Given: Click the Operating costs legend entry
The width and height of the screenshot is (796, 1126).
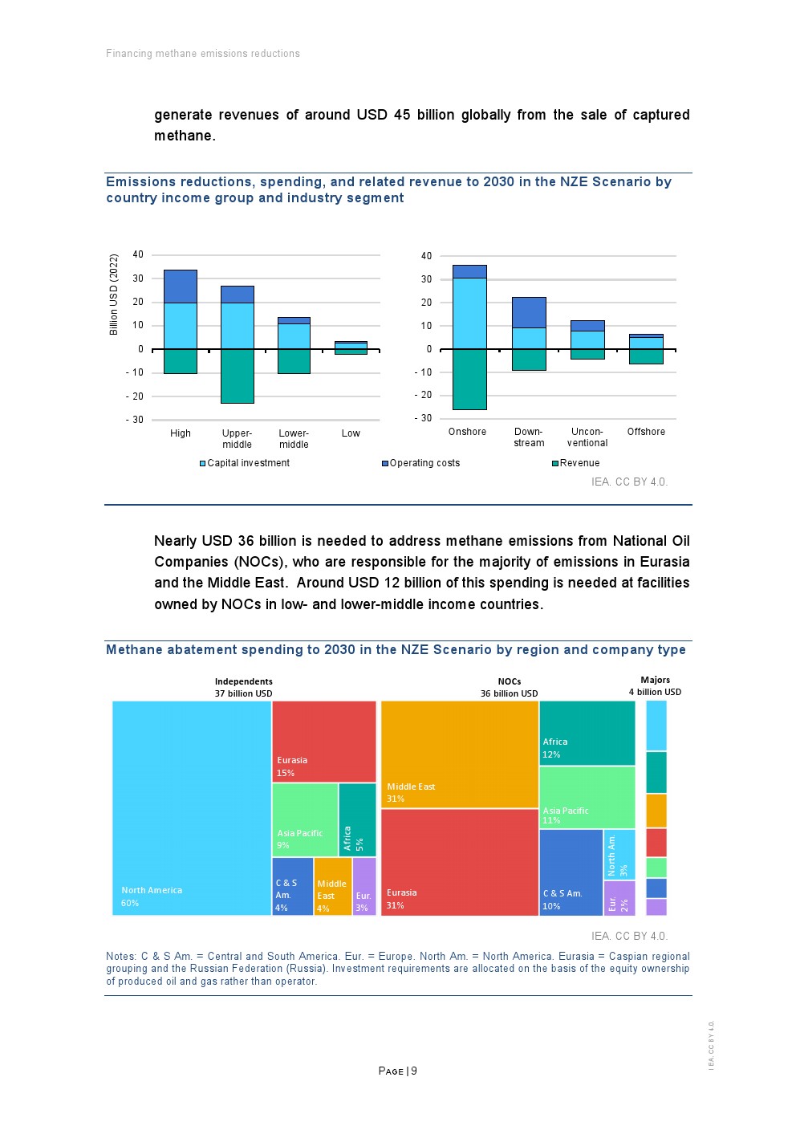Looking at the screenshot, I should coord(420,463).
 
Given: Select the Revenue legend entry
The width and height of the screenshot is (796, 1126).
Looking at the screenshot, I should coord(575,463).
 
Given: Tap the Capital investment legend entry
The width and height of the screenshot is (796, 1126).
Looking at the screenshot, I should coord(245,463).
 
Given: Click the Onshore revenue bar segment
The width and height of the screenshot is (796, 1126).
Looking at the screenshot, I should coord(469,379).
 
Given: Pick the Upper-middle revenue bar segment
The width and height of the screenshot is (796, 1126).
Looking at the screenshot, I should coord(238,376).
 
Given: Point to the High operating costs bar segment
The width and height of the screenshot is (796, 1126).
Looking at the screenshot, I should coord(181,287).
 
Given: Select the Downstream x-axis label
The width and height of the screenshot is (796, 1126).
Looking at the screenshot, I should coord(529,437).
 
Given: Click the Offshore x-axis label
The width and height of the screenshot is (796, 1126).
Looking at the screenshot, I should coord(646,432).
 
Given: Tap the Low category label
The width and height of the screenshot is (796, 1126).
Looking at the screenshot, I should coord(351,433).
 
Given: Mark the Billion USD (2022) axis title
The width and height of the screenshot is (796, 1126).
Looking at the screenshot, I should coord(114,295).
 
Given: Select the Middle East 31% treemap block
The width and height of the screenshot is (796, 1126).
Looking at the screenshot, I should coord(459,754).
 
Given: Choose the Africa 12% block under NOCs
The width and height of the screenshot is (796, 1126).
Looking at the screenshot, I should coord(587,733).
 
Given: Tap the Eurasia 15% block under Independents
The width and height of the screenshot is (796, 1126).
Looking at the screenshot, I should coord(323,741).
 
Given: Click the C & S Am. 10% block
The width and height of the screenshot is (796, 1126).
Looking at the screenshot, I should coord(571,872).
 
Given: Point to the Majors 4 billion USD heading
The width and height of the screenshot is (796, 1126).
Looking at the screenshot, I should coord(655,686).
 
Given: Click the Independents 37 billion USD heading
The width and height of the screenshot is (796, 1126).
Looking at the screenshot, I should coord(243,688).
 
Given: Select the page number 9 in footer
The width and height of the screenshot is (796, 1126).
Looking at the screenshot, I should coord(414,1071).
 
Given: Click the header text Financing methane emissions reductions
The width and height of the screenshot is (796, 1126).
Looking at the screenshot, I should coord(203,54).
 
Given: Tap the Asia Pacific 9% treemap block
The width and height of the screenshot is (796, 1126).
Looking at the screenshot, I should coord(305,819).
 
